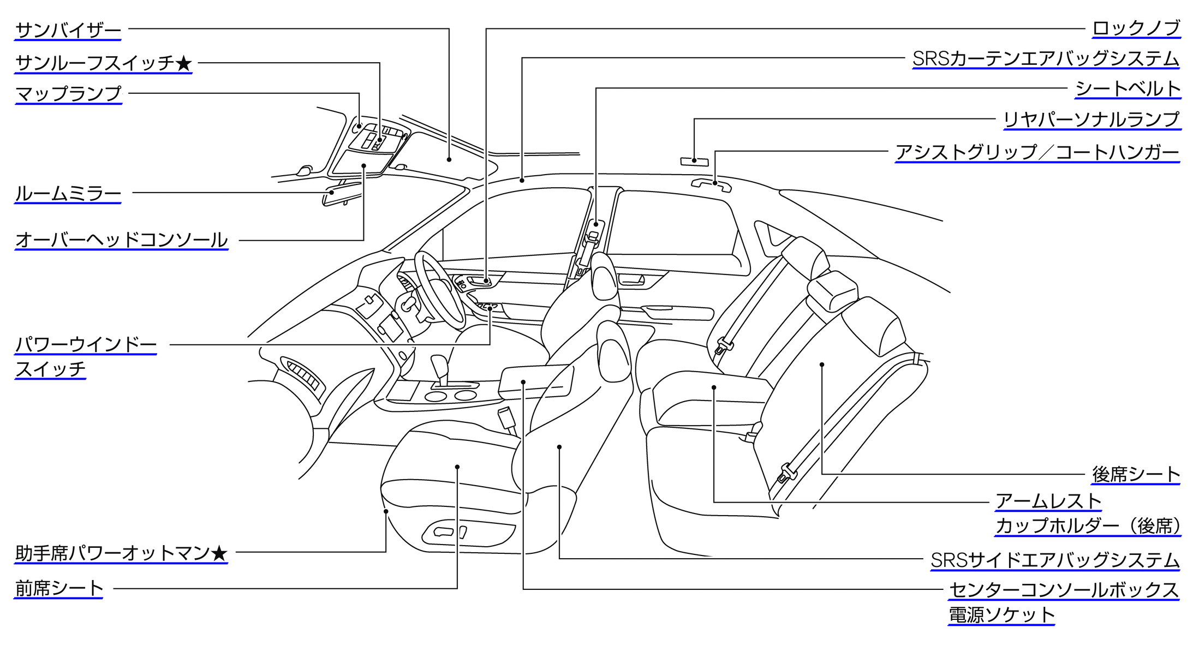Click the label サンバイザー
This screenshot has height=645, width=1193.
(x=68, y=30)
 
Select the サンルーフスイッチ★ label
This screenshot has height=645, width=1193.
(x=103, y=63)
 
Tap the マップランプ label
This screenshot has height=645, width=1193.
(x=68, y=93)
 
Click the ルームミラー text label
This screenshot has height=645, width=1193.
(x=68, y=194)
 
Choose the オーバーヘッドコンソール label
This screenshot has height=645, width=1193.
(x=121, y=240)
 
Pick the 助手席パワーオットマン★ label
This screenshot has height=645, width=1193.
(x=121, y=553)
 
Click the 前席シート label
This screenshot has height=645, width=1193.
(x=59, y=588)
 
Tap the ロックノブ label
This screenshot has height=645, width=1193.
(x=1136, y=28)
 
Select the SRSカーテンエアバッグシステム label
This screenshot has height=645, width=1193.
(x=1046, y=59)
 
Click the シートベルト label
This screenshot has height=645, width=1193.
(x=1128, y=88)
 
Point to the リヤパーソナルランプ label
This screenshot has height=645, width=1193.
(x=1092, y=120)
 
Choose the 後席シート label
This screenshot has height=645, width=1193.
(x=1136, y=474)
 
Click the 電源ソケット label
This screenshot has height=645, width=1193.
(x=1001, y=615)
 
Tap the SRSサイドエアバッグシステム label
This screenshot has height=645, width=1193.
(x=1055, y=560)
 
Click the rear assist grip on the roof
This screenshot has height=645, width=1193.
(x=711, y=184)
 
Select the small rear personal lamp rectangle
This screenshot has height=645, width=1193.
(x=694, y=161)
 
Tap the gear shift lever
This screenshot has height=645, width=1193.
(x=439, y=368)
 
